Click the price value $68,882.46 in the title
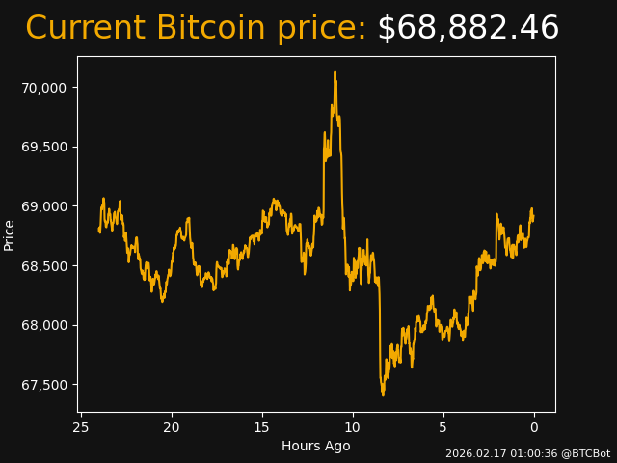click(468, 29)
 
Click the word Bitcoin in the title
click(210, 29)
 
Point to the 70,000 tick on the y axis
click(44, 88)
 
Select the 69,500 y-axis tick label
click(44, 147)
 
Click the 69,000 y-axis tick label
click(44, 206)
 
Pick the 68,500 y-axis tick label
click(44, 266)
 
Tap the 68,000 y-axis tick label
click(44, 325)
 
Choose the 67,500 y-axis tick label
click(44, 385)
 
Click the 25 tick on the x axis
click(81, 427)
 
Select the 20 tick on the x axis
click(172, 427)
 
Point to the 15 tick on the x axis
click(262, 427)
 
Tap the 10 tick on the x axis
click(353, 427)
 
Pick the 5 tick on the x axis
click(443, 427)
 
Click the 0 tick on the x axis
click(534, 427)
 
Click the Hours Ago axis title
click(316, 446)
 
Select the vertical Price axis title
click(10, 234)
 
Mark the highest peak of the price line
click(335, 72)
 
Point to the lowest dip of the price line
click(383, 395)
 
